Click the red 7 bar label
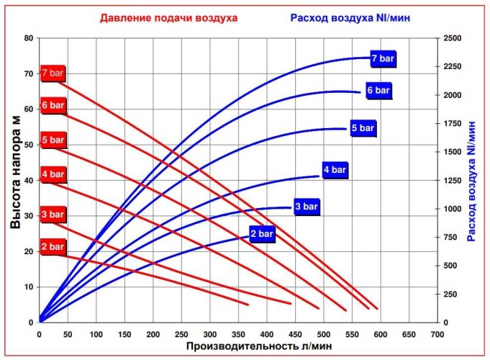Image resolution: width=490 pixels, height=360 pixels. (53, 73)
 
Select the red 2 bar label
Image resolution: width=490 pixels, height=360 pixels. (53, 247)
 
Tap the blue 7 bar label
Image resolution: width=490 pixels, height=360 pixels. (383, 58)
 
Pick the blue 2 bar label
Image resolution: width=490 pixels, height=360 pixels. (262, 234)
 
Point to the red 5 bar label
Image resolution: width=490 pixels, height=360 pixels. (53, 140)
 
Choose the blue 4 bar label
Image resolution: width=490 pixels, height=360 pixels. (335, 171)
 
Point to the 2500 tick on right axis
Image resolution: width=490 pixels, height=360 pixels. (452, 38)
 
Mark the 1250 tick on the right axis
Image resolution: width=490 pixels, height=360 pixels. (452, 180)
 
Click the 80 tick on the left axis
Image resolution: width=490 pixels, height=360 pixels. (29, 38)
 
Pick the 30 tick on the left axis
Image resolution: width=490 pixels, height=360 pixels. (29, 216)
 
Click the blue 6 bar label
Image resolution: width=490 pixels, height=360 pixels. (378, 91)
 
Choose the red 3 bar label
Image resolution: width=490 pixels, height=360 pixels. (53, 215)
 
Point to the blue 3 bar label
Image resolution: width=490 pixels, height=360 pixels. (306, 207)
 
